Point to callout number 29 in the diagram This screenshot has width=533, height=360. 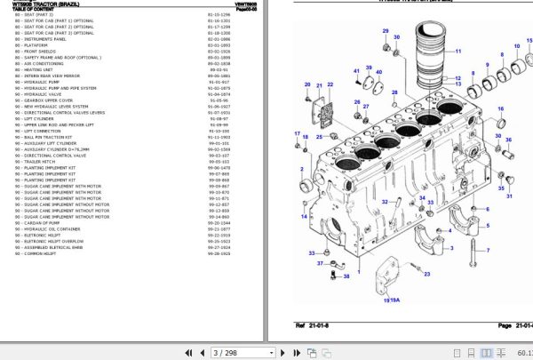385,33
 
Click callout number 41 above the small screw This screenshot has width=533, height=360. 356,71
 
